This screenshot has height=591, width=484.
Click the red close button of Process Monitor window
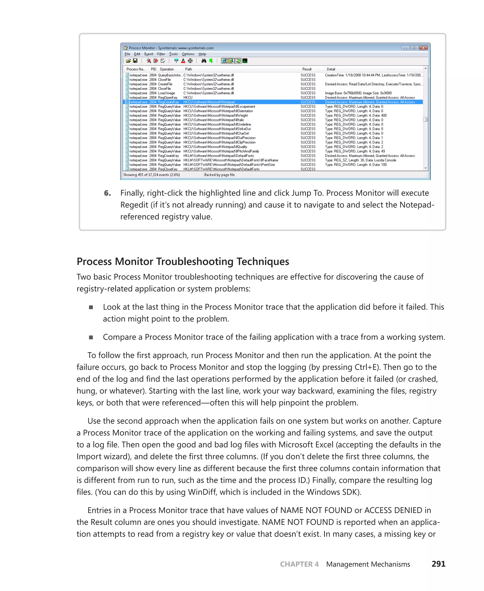(x=423, y=48)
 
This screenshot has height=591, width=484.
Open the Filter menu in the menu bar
(x=161, y=54)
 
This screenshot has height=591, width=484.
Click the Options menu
(x=188, y=54)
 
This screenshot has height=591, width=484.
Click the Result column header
(x=307, y=69)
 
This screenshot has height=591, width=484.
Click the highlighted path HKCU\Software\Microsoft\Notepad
(x=209, y=102)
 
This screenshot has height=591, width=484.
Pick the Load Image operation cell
(x=166, y=93)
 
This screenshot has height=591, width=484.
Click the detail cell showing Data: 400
(x=356, y=115)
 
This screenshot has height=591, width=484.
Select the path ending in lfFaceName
(x=231, y=160)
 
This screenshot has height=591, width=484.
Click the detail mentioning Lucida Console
(x=360, y=160)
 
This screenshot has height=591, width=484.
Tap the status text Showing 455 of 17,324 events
(x=151, y=175)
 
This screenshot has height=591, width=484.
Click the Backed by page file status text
(x=219, y=175)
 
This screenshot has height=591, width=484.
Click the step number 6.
(x=107, y=193)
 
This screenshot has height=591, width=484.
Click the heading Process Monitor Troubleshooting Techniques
(x=183, y=262)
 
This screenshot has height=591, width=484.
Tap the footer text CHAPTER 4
(x=299, y=564)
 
